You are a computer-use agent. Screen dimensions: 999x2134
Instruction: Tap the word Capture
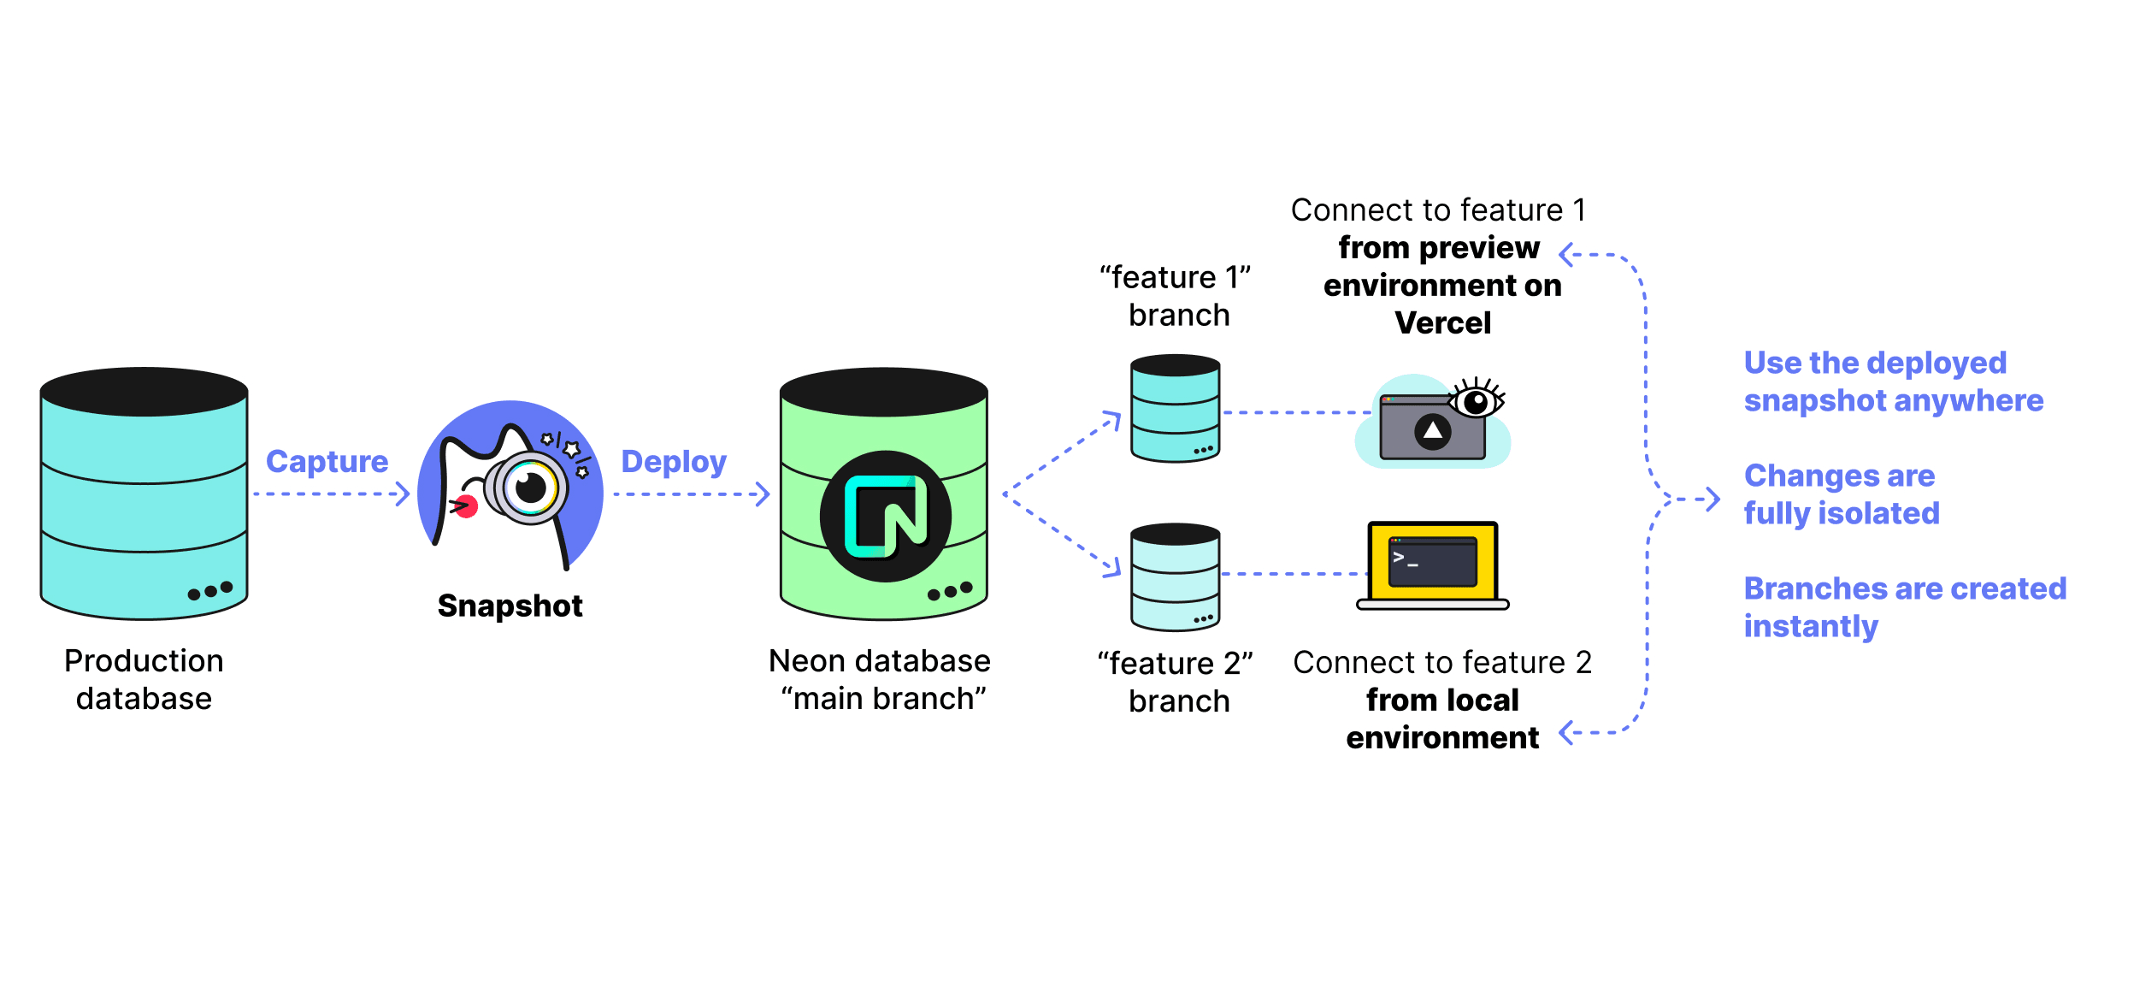coord(327,462)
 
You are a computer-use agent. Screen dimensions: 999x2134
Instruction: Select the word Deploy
coord(674,462)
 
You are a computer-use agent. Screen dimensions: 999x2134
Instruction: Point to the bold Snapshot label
coord(510,606)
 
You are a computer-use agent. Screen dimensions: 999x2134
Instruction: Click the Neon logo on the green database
coord(885,516)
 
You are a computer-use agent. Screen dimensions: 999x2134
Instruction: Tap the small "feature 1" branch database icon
coord(1175,409)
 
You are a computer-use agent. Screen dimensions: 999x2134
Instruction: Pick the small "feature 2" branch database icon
coord(1175,577)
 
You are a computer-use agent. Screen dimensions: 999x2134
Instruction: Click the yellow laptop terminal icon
coord(1433,565)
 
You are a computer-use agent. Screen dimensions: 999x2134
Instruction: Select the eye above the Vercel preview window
coord(1476,400)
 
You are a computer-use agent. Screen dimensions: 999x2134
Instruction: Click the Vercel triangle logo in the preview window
coord(1433,431)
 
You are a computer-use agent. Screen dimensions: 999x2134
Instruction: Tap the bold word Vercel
coord(1442,323)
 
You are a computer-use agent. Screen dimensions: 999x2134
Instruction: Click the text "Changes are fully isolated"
coord(1841,494)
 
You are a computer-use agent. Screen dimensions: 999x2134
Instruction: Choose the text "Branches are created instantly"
coord(1904,607)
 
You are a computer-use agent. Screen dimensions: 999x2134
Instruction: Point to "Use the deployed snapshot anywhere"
coord(1893,381)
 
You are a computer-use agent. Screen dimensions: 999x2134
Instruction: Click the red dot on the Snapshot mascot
coord(466,506)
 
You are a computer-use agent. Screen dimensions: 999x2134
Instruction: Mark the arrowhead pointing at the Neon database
coord(763,494)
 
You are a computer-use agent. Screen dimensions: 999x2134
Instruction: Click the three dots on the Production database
coord(210,591)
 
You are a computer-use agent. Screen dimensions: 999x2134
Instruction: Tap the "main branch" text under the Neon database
coord(883,699)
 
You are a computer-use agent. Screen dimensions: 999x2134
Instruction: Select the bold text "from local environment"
coord(1442,718)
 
